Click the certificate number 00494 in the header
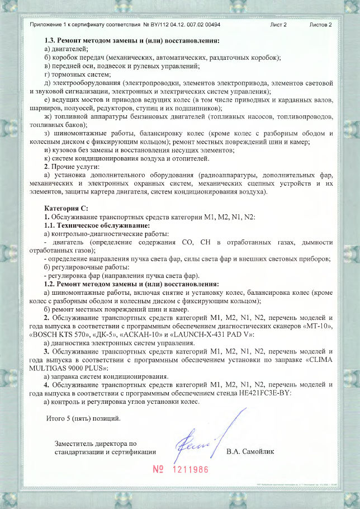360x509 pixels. coord(210,25)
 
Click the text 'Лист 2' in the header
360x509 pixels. coord(278,25)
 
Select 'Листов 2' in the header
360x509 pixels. coord(320,25)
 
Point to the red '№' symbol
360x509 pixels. coord(158,469)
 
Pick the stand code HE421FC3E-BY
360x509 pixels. coord(264,393)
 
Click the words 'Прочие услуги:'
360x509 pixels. coord(75,167)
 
